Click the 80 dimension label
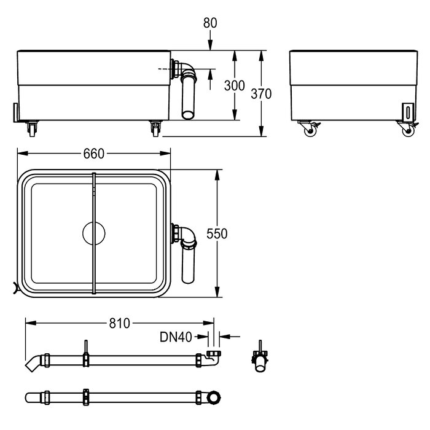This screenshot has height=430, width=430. [210, 23]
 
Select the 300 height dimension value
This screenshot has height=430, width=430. [235, 85]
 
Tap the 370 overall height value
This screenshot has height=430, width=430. [261, 94]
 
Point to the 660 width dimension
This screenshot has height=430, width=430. [94, 154]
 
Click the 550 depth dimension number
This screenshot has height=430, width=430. [217, 234]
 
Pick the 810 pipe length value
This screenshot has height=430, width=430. [120, 323]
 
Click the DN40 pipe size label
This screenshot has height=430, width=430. [176, 337]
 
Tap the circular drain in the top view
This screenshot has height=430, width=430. [94, 233]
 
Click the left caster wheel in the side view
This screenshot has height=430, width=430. [310, 129]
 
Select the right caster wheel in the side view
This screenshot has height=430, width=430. [408, 129]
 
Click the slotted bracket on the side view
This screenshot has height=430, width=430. [408, 112]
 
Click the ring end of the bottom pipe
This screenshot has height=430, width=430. [213, 397]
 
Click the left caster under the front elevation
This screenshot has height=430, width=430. [32, 128]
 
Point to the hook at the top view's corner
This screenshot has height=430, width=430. [15, 288]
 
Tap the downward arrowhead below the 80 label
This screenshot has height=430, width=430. [210, 45]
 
